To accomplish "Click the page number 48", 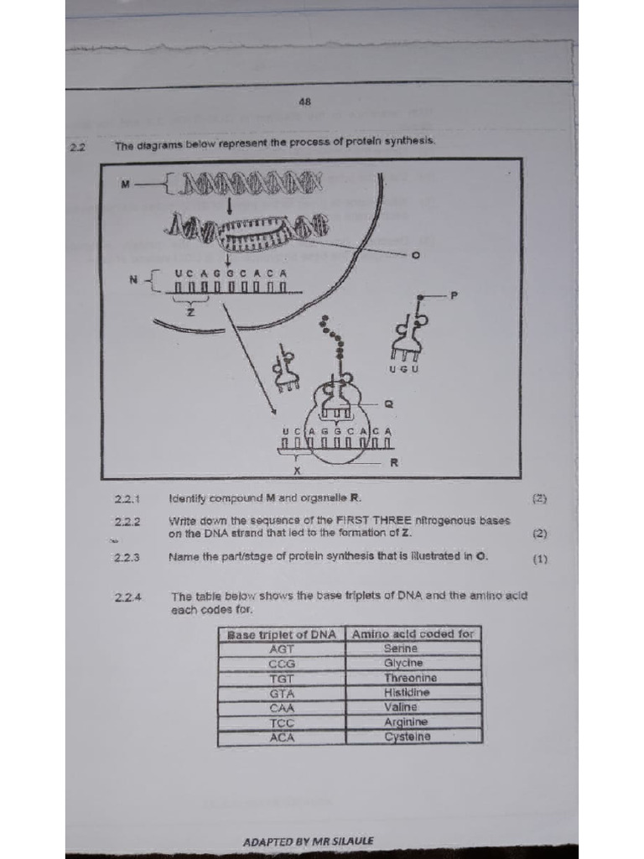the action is pyautogui.click(x=304, y=102).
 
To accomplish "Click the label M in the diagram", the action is pyautogui.click(x=126, y=184).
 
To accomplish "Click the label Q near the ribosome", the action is pyautogui.click(x=387, y=403).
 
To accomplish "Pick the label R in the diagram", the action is pyautogui.click(x=394, y=462).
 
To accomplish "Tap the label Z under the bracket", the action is pyautogui.click(x=190, y=312).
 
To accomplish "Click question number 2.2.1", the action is pyautogui.click(x=127, y=498).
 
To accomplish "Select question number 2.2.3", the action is pyautogui.click(x=127, y=556).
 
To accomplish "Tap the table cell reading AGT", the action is pyautogui.click(x=281, y=648).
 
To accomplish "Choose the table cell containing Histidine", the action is pyautogui.click(x=408, y=693).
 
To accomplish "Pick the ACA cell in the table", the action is pyautogui.click(x=281, y=737).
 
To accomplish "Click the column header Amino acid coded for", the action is pyautogui.click(x=413, y=633).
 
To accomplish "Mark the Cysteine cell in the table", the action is pyautogui.click(x=408, y=737).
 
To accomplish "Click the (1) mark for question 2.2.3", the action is pyautogui.click(x=540, y=557).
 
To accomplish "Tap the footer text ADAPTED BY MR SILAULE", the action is pyautogui.click(x=308, y=841).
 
